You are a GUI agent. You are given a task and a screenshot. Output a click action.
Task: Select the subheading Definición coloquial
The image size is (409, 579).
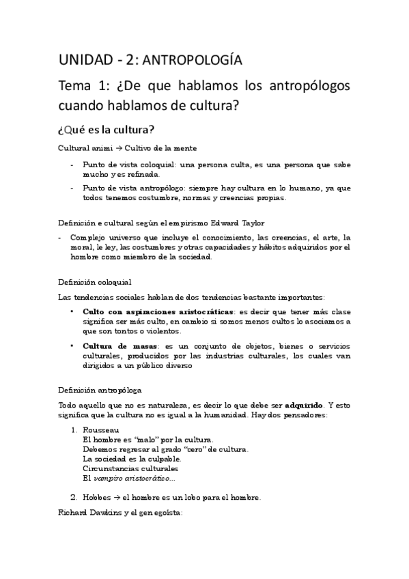pos(94,281)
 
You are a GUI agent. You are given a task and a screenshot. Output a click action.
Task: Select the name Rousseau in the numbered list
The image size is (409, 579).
pos(100,430)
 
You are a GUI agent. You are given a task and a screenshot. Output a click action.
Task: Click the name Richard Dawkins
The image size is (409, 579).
pos(89,512)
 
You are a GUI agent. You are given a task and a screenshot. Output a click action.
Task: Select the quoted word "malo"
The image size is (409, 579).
pos(149,440)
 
